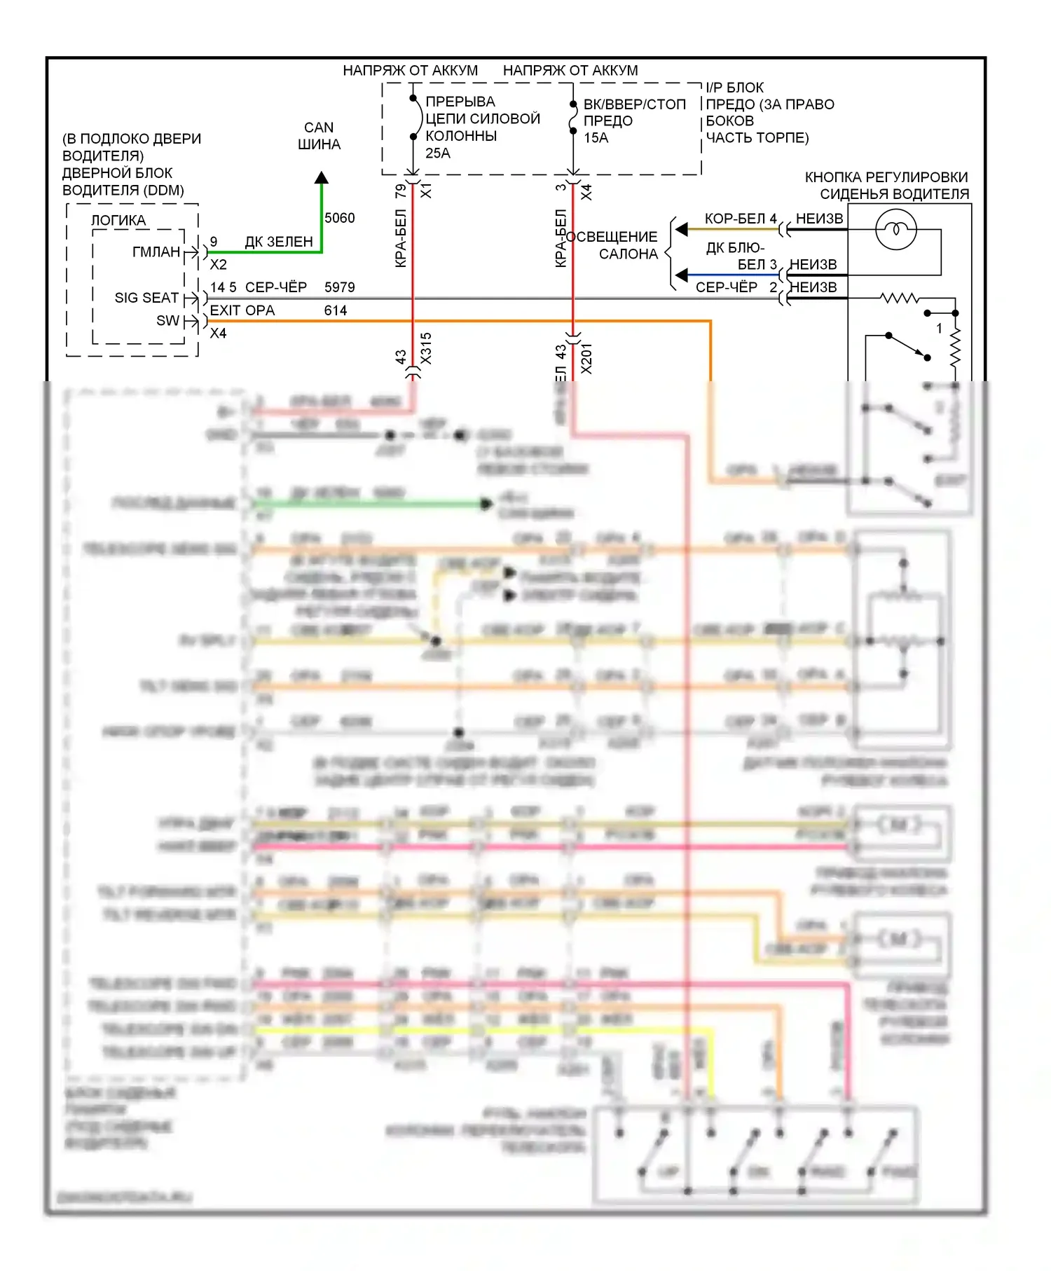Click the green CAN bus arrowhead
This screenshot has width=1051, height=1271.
coord(322,178)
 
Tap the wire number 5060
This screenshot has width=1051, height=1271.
coord(340,218)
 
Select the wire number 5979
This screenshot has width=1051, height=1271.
coord(340,287)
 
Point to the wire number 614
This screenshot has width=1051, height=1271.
coord(336,310)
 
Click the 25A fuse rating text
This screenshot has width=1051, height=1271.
coord(438,153)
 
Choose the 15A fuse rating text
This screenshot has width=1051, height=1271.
coord(596,138)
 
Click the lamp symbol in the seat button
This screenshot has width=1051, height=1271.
coord(896,229)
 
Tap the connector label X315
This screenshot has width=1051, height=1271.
coord(426,348)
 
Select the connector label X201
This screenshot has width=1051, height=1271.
coord(586,358)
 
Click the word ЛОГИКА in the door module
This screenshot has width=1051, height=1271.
coord(118,221)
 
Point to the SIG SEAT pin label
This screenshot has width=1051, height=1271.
coord(146,298)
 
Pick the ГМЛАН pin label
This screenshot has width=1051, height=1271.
coord(156,252)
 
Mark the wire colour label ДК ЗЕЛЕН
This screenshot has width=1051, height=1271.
coord(279,242)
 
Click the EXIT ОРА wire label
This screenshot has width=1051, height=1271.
coord(242,310)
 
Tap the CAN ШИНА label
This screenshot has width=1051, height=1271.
coord(320,136)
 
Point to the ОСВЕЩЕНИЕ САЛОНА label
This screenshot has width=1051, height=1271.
coord(616,245)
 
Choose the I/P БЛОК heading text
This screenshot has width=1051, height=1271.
coord(734,88)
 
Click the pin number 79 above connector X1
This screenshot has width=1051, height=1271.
coord(401,191)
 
